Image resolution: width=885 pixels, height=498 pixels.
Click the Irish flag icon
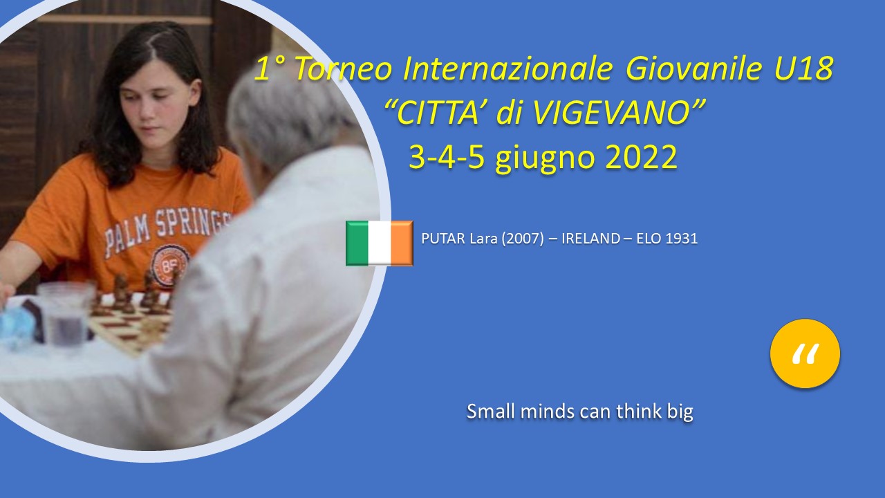pyautogui.click(x=380, y=243)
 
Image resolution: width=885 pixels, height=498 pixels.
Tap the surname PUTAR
pyautogui.click(x=443, y=239)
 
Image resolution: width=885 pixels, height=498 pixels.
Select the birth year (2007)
pyautogui.click(x=522, y=239)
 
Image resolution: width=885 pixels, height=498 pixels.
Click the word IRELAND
pyautogui.click(x=590, y=239)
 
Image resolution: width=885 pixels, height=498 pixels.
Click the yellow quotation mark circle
pyautogui.click(x=805, y=353)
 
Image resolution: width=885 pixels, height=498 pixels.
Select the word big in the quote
pyautogui.click(x=680, y=412)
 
